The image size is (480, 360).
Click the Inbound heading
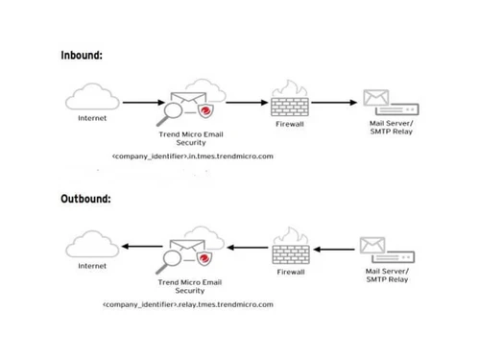pos(82,55)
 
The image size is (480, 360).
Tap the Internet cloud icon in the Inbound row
pos(92,100)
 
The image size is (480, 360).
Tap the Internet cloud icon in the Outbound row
pos(92,243)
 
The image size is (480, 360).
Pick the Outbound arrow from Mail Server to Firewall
pos(335,249)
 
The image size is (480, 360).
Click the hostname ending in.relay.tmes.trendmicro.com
pos(188,303)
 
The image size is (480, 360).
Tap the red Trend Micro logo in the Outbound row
pos(206,258)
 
